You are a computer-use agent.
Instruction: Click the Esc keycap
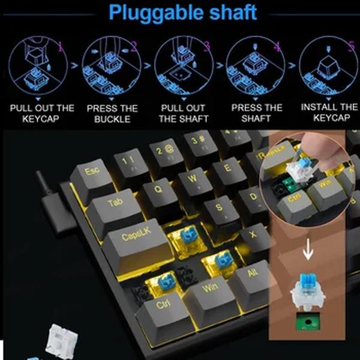(x=92, y=173)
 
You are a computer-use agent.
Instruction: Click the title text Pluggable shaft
(x=182, y=12)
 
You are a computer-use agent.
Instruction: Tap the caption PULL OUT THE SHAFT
(x=184, y=113)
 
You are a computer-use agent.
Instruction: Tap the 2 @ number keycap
(x=160, y=149)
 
